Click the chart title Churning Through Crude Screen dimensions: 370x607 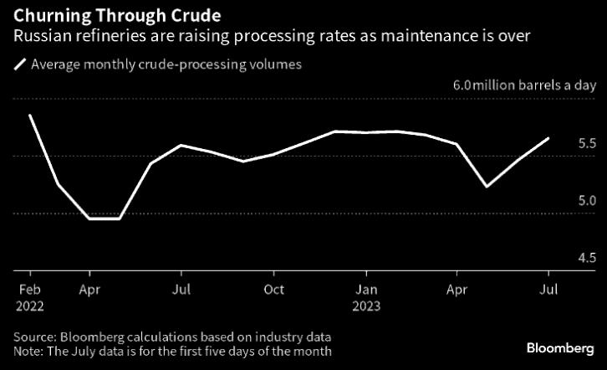[x=117, y=16]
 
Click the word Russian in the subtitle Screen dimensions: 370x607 [x=39, y=36]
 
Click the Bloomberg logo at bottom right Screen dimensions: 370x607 [x=560, y=347]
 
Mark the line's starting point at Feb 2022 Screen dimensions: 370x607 [x=29, y=115]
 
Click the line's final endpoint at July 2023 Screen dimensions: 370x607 [x=548, y=138]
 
